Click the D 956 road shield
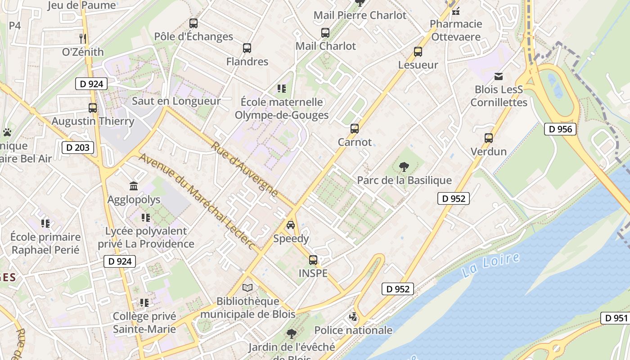pyautogui.click(x=560, y=130)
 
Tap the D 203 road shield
pyautogui.click(x=78, y=147)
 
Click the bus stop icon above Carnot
pyautogui.click(x=355, y=129)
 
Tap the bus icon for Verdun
pyautogui.click(x=489, y=138)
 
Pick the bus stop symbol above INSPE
pyautogui.click(x=313, y=260)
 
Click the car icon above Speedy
pyautogui.click(x=291, y=225)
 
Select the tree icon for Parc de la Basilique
pyautogui.click(x=404, y=167)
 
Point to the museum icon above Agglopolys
pyautogui.click(x=134, y=186)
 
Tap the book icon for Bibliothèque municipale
pyautogui.click(x=247, y=288)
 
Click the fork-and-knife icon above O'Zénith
pyautogui.click(x=82, y=39)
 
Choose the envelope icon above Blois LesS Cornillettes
pyautogui.click(x=499, y=76)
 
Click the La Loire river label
pyautogui.click(x=490, y=265)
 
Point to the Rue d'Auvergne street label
pyautogui.click(x=245, y=169)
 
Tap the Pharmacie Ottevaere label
pyautogui.click(x=456, y=30)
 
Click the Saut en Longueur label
pyautogui.click(x=176, y=101)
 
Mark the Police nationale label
pyautogui.click(x=353, y=330)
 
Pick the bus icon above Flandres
pyautogui.click(x=247, y=48)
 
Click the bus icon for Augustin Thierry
pyautogui.click(x=93, y=108)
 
